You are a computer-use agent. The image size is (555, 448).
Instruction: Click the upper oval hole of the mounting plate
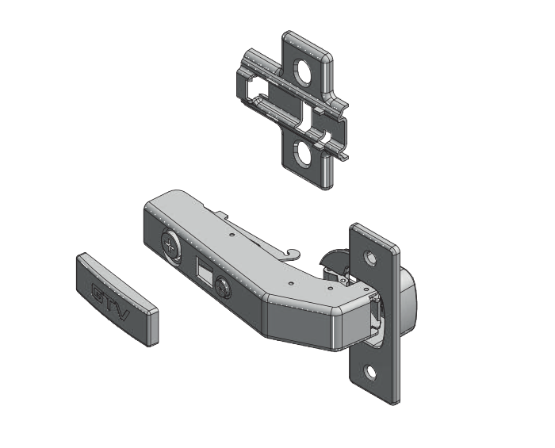click(302, 72)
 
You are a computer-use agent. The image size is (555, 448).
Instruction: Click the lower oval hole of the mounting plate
click(303, 154)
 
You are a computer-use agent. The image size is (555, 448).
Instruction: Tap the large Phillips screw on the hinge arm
click(171, 245)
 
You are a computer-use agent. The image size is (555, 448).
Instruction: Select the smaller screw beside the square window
click(223, 286)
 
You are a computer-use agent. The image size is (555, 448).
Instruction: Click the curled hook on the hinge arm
click(293, 254)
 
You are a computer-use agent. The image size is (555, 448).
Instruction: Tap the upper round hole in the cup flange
click(370, 258)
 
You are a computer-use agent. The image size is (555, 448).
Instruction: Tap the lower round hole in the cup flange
click(371, 373)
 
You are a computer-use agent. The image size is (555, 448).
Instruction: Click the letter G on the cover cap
click(98, 292)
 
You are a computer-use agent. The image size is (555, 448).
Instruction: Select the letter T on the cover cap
click(110, 302)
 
